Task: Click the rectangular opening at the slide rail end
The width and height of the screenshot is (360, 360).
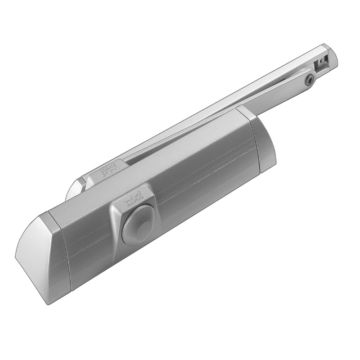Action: tap(321, 63)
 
